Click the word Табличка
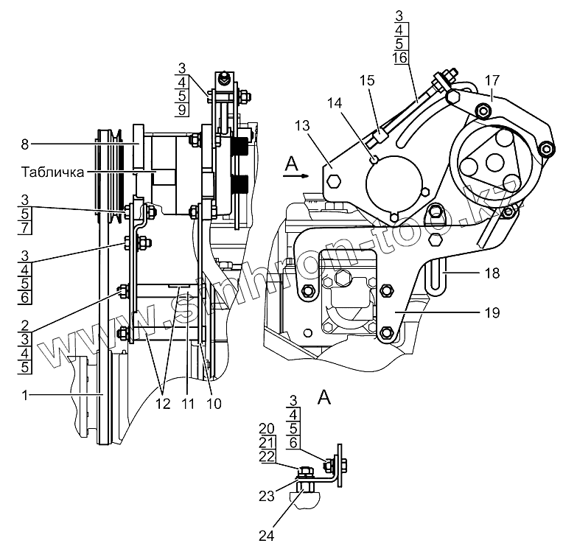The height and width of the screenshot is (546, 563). click(x=53, y=172)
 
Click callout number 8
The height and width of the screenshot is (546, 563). click(x=24, y=144)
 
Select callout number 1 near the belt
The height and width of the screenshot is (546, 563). click(x=24, y=395)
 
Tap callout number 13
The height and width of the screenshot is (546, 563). click(x=302, y=126)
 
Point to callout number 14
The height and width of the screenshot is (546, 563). click(x=335, y=103)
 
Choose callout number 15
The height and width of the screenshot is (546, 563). click(x=367, y=80)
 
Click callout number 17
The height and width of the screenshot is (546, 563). click(x=492, y=80)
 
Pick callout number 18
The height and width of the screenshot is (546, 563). click(x=492, y=273)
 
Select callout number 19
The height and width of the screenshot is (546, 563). click(x=492, y=313)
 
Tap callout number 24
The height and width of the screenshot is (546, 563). click(x=267, y=536)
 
